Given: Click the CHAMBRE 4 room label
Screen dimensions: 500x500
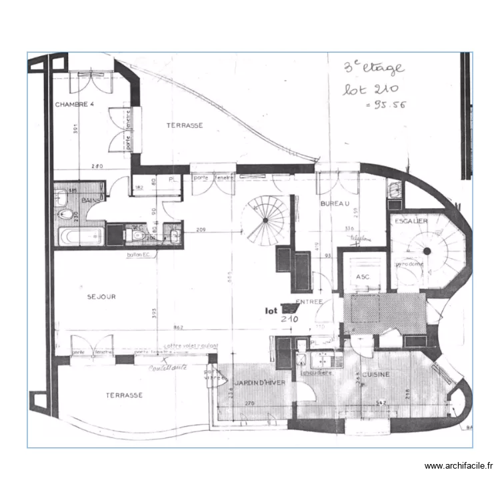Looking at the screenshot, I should pyautogui.click(x=75, y=104).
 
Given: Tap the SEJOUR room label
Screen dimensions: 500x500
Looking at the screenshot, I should pyautogui.click(x=101, y=297).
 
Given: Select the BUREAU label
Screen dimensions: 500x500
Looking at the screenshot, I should pyautogui.click(x=335, y=203).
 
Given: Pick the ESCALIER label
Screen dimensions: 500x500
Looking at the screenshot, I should pyautogui.click(x=411, y=221).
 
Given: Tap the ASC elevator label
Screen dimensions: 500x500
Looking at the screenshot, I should pyautogui.click(x=363, y=276).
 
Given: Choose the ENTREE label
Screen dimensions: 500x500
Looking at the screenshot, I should pyautogui.click(x=310, y=302).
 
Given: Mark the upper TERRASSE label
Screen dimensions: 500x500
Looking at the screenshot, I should pyautogui.click(x=185, y=125).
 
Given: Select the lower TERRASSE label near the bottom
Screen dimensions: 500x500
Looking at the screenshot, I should pyautogui.click(x=124, y=395).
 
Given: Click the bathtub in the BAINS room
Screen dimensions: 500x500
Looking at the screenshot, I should pyautogui.click(x=80, y=235).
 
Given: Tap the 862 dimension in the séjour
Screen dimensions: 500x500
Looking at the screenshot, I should pyautogui.click(x=178, y=327).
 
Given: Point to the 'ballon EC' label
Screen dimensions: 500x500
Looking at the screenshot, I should pyautogui.click(x=138, y=255).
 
